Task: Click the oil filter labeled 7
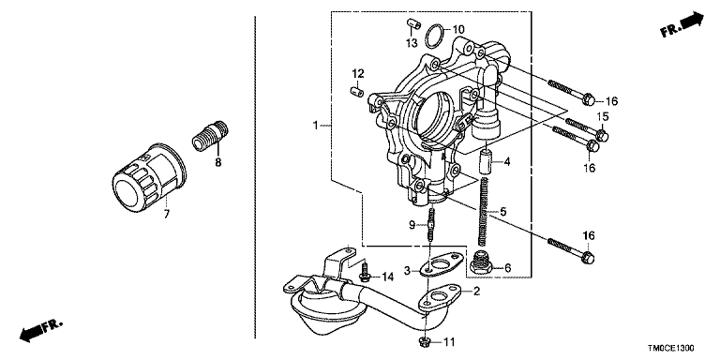tap(149, 176)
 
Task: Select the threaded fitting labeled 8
tap(210, 135)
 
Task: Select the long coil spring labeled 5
tap(483, 212)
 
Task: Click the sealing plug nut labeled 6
tap(482, 262)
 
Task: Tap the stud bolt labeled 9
tap(430, 225)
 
